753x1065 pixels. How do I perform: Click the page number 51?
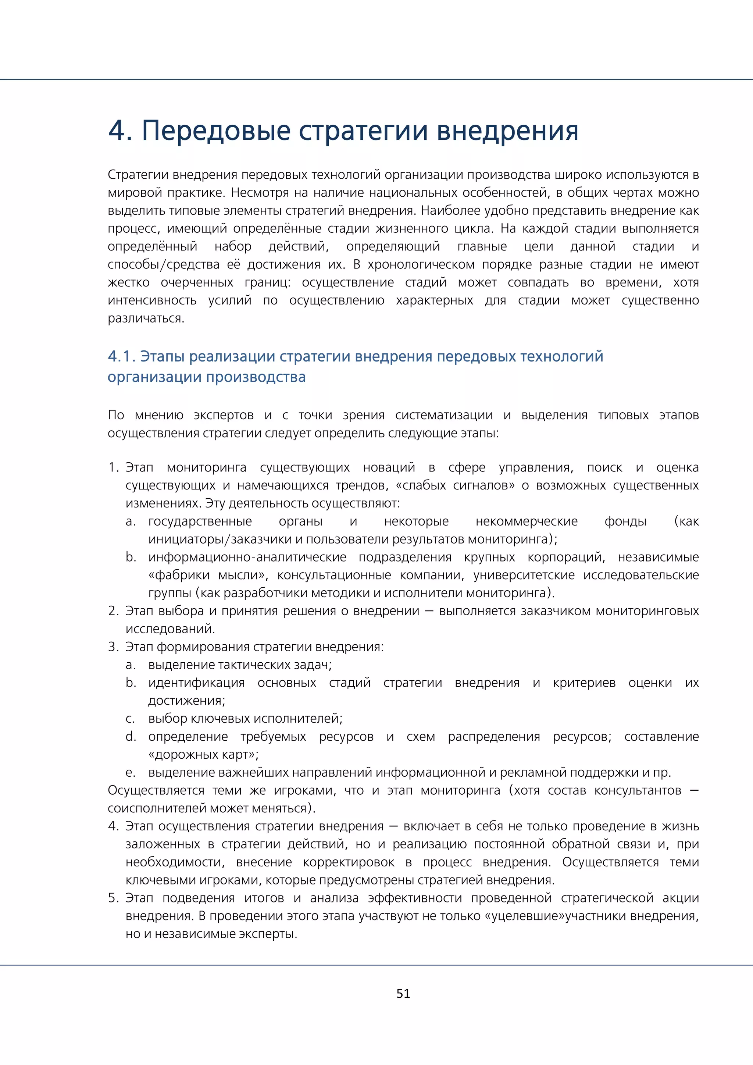(403, 993)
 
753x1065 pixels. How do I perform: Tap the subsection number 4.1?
(121, 356)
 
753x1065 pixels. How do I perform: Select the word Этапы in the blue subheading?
(162, 356)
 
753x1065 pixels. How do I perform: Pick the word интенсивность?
(152, 300)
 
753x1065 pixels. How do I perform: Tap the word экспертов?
(224, 415)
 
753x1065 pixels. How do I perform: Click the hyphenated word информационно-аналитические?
(247, 557)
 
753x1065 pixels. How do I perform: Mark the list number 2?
(113, 611)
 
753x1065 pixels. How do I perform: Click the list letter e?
(130, 772)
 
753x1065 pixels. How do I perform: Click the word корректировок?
(349, 862)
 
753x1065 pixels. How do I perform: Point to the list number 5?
(113, 898)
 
